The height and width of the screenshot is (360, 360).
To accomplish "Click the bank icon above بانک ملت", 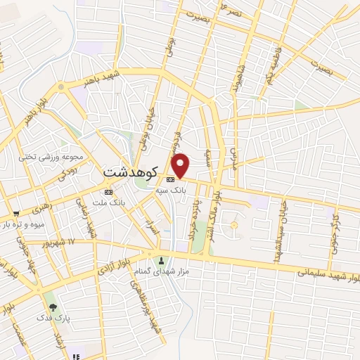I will click(108, 191).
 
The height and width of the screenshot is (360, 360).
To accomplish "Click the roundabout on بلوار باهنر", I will click(60, 87).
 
